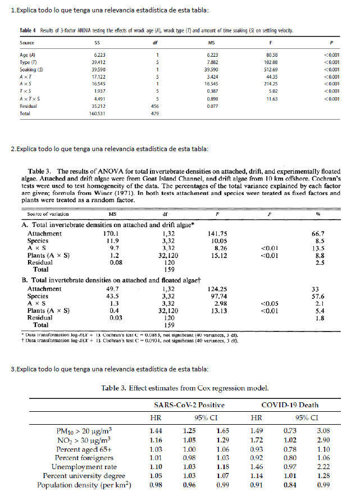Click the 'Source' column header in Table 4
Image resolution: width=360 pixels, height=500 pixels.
click(27, 43)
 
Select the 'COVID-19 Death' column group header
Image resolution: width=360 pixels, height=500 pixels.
click(291, 405)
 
